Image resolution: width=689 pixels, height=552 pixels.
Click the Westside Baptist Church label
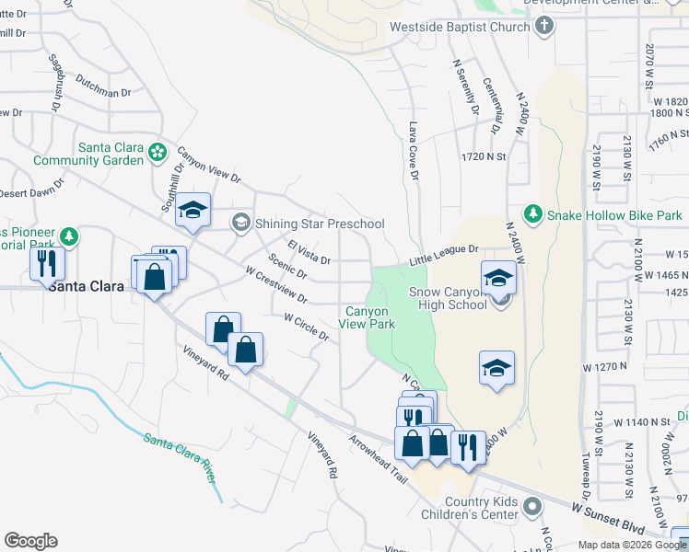tap(460, 27)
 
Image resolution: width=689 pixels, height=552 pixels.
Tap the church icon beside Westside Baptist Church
tap(544, 26)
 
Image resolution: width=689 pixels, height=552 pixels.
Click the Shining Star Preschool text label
tap(321, 224)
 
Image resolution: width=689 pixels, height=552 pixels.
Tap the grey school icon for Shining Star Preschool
tap(241, 222)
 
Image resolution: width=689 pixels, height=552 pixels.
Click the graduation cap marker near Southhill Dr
tap(193, 212)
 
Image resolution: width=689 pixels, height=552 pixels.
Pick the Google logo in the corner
tap(31, 540)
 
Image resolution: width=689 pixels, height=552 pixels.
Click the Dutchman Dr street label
tap(105, 86)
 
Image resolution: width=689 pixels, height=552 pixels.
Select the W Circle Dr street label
tap(307, 327)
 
